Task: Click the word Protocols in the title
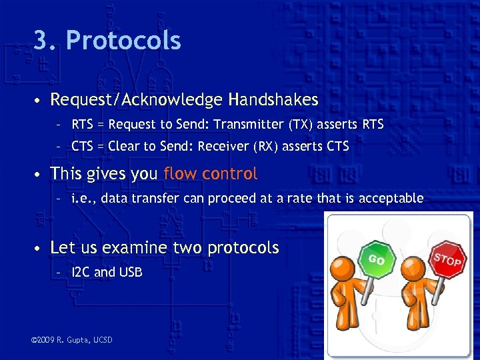123,41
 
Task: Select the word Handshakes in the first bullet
273,100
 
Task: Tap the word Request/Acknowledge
137,100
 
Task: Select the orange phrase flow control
210,174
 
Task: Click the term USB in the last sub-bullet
129,272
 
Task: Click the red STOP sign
447,259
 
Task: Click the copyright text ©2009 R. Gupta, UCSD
72,340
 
